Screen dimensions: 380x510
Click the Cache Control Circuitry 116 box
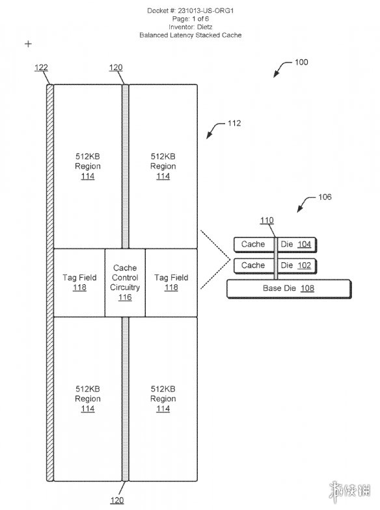click(125, 282)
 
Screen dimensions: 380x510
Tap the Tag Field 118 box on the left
click(79, 282)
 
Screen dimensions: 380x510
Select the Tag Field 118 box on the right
click(171, 282)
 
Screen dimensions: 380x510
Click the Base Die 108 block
click(289, 289)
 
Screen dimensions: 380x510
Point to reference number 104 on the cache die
click(305, 245)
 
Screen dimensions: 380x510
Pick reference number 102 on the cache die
click(305, 265)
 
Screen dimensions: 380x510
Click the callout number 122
click(42, 68)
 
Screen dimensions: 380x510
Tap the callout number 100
click(301, 62)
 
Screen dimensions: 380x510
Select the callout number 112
click(234, 124)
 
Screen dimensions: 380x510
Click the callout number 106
click(325, 196)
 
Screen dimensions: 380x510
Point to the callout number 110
click(267, 221)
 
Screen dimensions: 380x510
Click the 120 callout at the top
click(116, 68)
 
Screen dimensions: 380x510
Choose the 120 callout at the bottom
click(117, 500)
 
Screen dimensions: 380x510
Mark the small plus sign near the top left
click(29, 44)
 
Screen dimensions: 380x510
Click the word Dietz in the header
click(204, 27)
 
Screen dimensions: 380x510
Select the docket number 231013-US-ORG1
click(206, 10)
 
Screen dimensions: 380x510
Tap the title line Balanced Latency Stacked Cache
click(190, 35)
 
